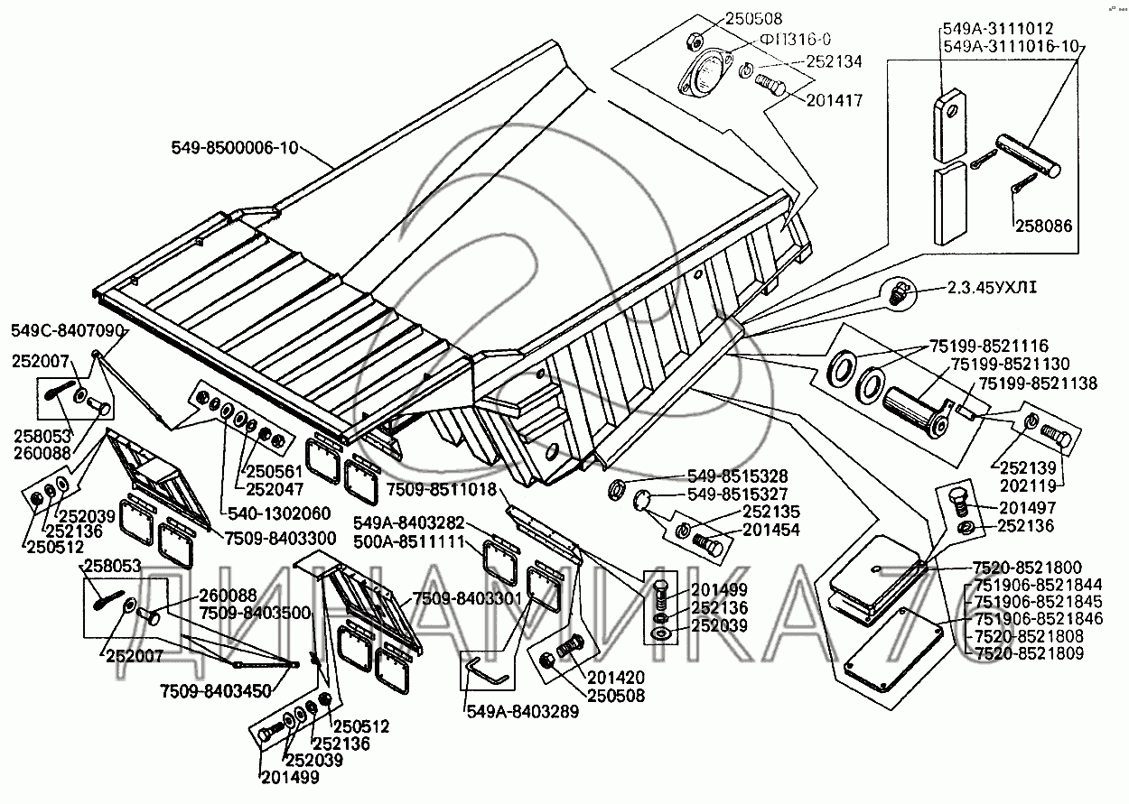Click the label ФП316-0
pyautogui.click(x=794, y=38)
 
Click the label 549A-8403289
pyautogui.click(x=521, y=712)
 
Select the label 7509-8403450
pyautogui.click(x=216, y=690)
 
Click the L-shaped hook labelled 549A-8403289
pyautogui.click(x=487, y=671)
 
